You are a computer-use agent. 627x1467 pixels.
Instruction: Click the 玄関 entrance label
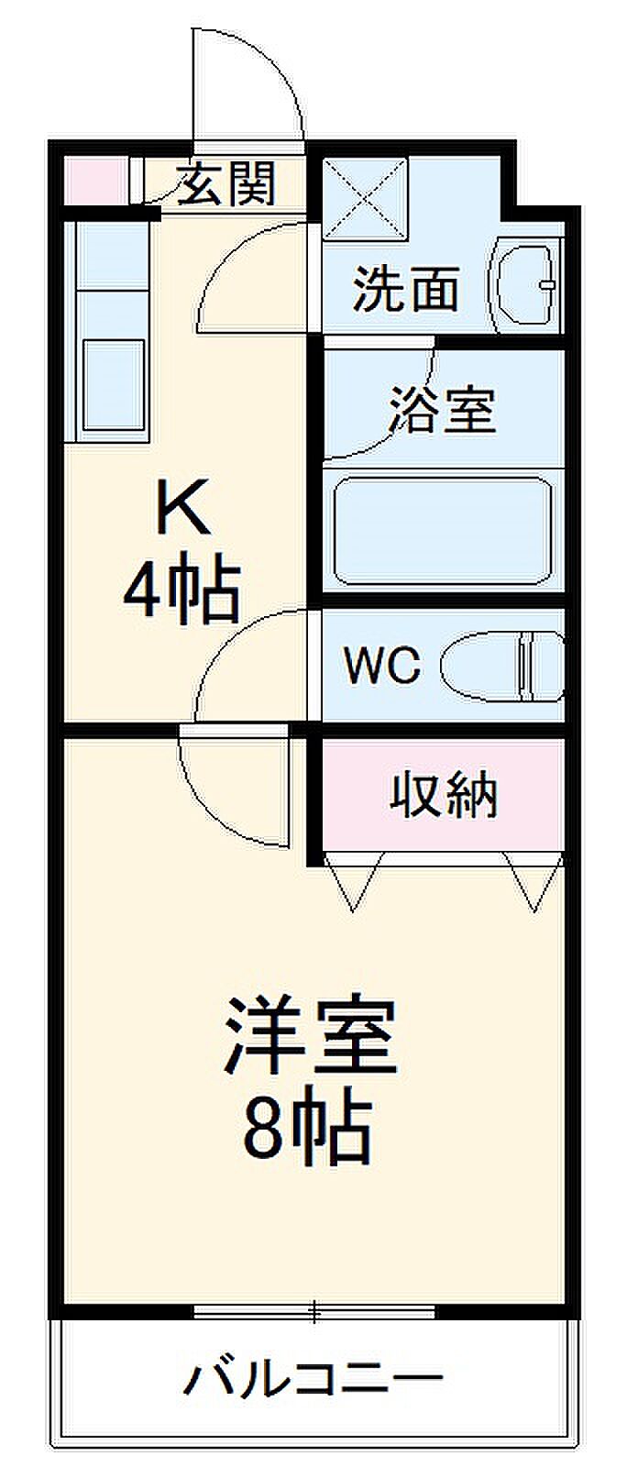coord(226,184)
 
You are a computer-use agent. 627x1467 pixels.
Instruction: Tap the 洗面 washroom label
coord(406,290)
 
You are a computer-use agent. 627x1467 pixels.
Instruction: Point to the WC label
coord(382,665)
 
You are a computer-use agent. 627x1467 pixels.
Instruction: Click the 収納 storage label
coord(445,795)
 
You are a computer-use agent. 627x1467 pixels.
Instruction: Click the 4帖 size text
coord(182,590)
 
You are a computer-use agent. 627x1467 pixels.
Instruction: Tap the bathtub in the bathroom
coord(444,532)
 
